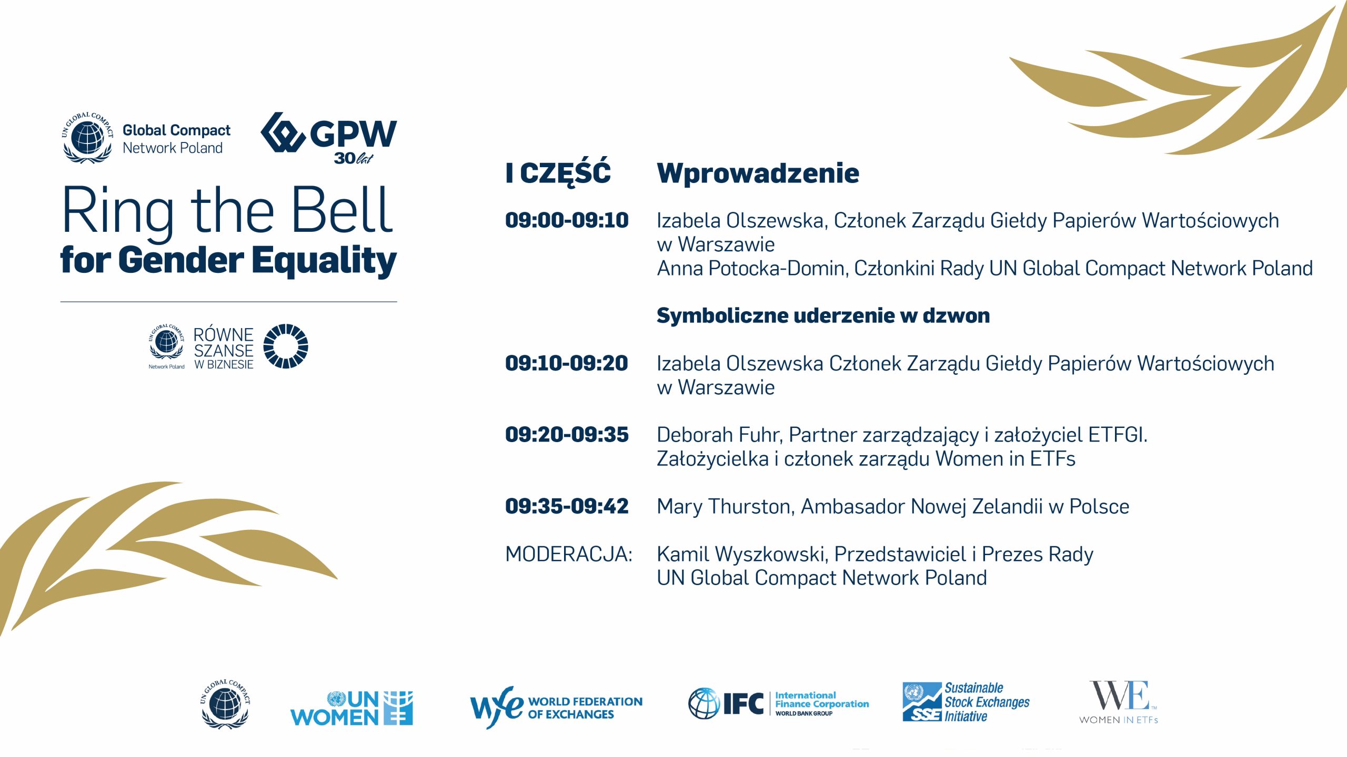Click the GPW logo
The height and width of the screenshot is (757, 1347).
[329, 138]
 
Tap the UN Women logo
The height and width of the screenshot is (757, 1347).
[351, 708]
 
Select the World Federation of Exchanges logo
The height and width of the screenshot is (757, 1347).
[556, 707]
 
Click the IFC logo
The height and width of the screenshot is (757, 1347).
[779, 703]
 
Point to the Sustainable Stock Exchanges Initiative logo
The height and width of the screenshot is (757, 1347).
[966, 702]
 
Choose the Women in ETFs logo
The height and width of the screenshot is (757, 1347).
[1119, 702]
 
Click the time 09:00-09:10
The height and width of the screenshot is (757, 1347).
[567, 220]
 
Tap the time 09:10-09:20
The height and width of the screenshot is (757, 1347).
[567, 363]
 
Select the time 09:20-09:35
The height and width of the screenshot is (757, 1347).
[567, 435]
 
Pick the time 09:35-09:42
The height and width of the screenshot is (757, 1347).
[567, 506]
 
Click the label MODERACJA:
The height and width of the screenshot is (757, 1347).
[569, 554]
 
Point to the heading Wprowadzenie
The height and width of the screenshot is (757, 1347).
[758, 173]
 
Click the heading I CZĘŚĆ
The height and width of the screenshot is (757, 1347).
[558, 172]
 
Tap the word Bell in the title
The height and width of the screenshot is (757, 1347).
[342, 210]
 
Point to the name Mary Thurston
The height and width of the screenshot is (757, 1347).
[725, 507]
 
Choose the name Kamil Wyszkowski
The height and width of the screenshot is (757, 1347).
[741, 555]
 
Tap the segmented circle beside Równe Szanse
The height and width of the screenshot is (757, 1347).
[286, 346]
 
